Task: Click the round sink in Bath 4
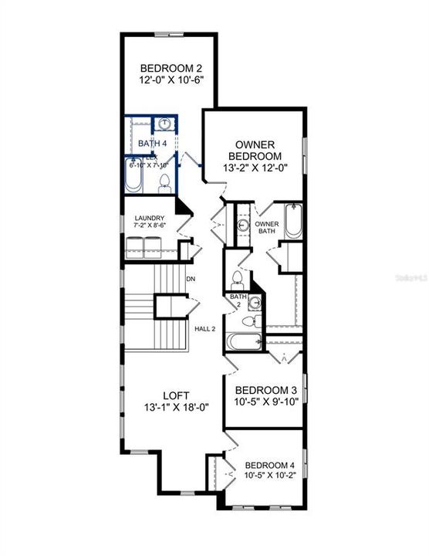click(165, 124)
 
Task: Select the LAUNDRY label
click(148, 219)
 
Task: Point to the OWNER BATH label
click(267, 227)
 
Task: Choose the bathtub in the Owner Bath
click(294, 222)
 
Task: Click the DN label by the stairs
click(191, 280)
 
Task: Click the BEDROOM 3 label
click(265, 390)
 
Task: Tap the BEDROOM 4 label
click(269, 465)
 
